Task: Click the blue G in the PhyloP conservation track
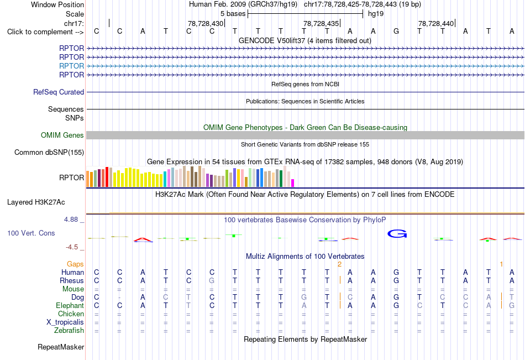397,233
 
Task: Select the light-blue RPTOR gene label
71,66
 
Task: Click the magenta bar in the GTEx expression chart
292,183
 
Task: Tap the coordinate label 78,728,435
321,23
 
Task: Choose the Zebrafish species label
69,331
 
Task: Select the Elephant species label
70,306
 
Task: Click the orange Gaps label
75,264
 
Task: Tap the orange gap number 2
339,264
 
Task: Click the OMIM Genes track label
62,135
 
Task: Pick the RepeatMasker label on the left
61,347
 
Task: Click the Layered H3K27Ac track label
36,202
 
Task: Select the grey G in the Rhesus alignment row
212,280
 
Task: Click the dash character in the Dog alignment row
119,298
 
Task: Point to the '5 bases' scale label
233,14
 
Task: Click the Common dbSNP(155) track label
49,153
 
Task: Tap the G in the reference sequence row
396,31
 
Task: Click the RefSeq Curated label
59,92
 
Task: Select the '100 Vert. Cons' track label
31,233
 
